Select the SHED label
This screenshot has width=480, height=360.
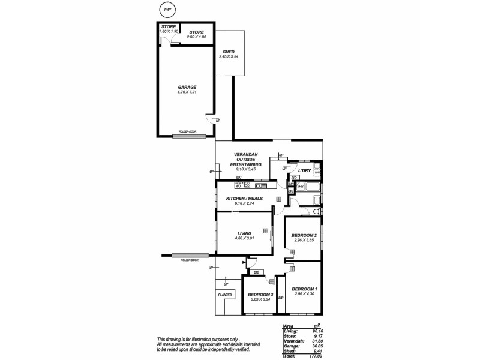[228, 52]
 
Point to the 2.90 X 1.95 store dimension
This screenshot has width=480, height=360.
[197, 37]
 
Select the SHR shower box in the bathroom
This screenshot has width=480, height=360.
[300, 186]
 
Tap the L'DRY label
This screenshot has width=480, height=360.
[304, 170]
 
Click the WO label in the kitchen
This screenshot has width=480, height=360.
[238, 185]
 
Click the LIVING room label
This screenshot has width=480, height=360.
[244, 233]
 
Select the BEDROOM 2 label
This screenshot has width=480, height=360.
[304, 235]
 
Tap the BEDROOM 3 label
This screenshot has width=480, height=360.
[260, 294]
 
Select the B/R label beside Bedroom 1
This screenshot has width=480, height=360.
[280, 296]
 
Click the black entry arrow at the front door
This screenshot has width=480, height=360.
[244, 262]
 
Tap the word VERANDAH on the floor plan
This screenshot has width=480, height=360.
[247, 158]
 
